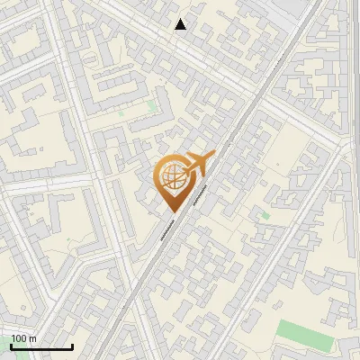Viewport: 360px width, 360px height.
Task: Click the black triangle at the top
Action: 181,24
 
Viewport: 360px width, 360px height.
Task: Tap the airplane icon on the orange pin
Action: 198,165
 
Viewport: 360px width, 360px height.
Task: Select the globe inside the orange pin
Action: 173,178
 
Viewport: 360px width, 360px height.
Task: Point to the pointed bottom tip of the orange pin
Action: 174,211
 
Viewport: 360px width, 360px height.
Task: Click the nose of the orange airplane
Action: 214,157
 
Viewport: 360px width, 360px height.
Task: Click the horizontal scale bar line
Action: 41,347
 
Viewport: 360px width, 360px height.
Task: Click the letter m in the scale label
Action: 32,339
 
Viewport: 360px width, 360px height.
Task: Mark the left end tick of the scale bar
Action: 11,346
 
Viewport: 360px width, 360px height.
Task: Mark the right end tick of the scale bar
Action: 72,346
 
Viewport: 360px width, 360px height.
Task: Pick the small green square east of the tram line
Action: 262,216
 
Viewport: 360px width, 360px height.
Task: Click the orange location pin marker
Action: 174,180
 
